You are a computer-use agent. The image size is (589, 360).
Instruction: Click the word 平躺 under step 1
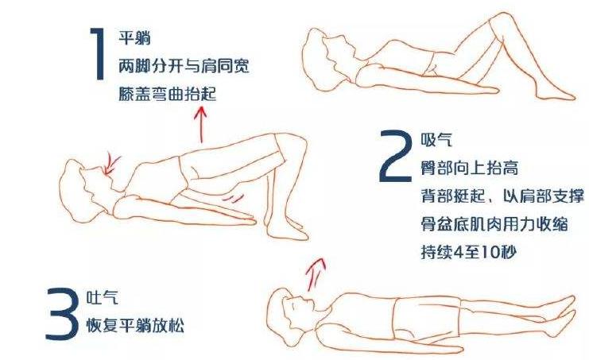coord(134,37)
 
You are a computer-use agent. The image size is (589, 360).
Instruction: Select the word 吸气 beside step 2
coord(436,141)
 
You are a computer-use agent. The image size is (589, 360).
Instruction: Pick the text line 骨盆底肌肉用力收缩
coord(494,224)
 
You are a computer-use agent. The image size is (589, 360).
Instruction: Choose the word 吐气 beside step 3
coord(102,297)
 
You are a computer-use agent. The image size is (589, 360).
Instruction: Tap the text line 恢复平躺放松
coord(136,326)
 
